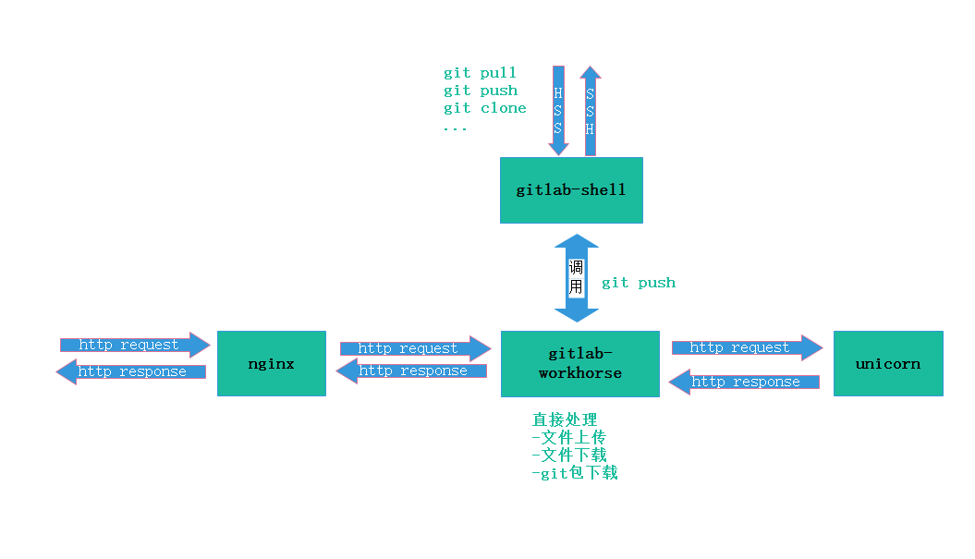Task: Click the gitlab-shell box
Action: point(571,190)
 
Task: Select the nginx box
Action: point(272,363)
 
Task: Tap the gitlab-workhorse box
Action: point(580,364)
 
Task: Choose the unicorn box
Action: point(888,363)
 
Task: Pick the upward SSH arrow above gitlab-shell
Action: point(591,110)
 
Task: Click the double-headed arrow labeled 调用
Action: point(577,277)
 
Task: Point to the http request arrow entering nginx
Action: point(135,346)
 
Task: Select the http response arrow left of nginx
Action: point(131,371)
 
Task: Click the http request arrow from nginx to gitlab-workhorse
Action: point(415,348)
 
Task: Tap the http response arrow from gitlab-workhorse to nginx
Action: point(411,371)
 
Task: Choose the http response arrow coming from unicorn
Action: point(744,382)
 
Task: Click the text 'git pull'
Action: point(480,73)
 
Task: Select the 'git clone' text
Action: point(484,108)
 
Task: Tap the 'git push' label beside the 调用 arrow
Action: point(639,283)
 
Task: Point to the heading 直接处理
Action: point(565,420)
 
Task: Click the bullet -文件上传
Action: point(568,438)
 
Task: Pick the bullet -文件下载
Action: point(568,456)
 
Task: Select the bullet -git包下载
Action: point(574,473)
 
